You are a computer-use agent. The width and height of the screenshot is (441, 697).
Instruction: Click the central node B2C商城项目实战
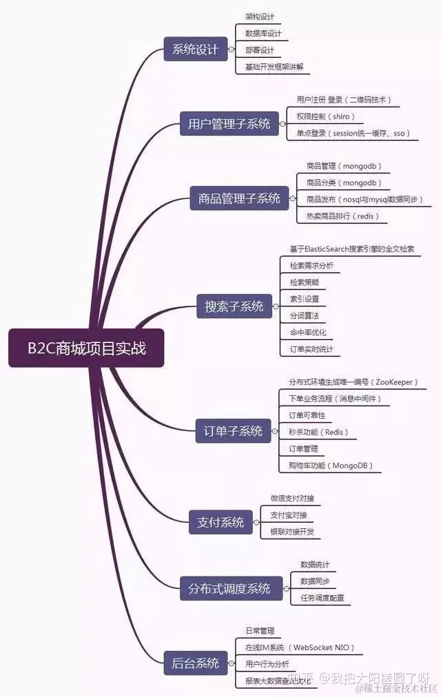pos(86,348)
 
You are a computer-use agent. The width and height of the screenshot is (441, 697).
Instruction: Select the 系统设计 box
pos(195,50)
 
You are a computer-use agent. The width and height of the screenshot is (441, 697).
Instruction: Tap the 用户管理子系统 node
pos(229,124)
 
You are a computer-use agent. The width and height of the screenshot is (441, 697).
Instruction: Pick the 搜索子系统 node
pos(234,306)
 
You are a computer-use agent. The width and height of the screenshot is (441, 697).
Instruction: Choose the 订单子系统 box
pos(233,431)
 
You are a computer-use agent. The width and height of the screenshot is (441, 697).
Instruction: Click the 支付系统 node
pos(216,522)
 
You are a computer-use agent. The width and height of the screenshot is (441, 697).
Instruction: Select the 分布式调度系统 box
pos(229,589)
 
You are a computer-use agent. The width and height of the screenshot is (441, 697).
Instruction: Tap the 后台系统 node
pos(195,663)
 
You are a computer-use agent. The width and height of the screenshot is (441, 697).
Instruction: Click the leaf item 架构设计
pos(259,17)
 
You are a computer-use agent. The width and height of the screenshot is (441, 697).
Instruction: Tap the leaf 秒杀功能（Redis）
pos(318,433)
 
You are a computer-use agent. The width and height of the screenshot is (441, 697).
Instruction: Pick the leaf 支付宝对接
pos(289,515)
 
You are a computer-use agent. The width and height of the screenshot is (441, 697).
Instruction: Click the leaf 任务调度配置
pos(322,598)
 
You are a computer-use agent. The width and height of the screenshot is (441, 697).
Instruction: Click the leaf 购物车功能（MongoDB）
pos(331,466)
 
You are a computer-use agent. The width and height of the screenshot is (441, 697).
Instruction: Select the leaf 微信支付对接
pos(293,498)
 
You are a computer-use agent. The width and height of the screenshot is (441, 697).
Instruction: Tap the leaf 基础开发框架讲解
pos(274,67)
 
